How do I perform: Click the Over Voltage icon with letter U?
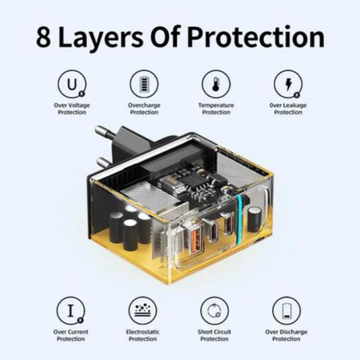click(x=72, y=84)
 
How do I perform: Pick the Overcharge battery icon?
click(x=144, y=84)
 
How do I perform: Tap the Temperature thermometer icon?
click(x=216, y=84)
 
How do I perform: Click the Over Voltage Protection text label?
click(x=72, y=109)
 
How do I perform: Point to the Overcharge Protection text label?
click(x=144, y=109)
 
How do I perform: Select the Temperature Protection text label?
click(x=216, y=109)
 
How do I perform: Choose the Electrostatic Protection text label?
click(x=144, y=335)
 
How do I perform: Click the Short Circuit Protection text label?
click(x=216, y=335)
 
